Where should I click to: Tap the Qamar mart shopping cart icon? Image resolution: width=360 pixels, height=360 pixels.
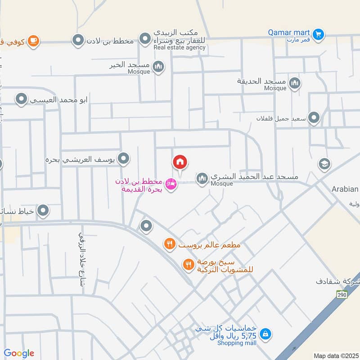[319, 34]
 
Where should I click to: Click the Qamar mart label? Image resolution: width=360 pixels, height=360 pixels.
[288, 32]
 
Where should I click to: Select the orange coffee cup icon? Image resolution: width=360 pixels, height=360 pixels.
[33, 41]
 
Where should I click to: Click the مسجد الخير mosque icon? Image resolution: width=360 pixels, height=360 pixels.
[158, 67]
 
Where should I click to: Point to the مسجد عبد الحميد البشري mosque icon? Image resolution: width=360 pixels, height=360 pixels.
[202, 179]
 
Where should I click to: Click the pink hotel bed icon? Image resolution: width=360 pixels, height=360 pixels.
[170, 184]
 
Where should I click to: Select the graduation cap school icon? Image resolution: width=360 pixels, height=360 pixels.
[324, 164]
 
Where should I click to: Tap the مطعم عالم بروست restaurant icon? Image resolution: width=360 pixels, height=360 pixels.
[169, 244]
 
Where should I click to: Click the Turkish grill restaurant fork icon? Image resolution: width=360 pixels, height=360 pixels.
[188, 264]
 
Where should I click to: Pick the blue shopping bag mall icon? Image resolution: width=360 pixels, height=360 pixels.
[265, 334]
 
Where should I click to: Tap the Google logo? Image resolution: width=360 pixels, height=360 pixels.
[19, 353]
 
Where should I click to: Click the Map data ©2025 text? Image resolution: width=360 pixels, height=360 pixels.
[336, 355]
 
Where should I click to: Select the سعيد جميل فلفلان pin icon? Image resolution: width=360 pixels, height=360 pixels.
[314, 118]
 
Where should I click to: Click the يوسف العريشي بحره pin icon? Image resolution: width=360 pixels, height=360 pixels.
[124, 158]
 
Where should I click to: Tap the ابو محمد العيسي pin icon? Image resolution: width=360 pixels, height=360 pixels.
[21, 99]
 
